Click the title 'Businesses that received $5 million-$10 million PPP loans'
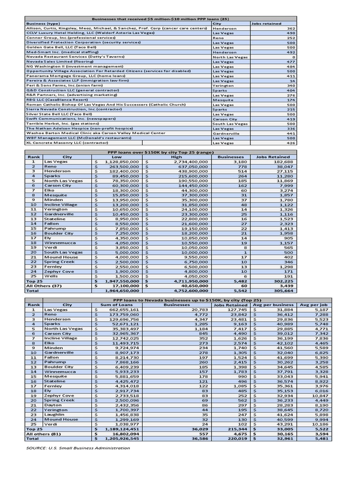coord(160,18)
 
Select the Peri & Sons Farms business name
coord(64,86)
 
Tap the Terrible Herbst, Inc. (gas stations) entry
coord(66,123)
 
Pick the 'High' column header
coord(177,157)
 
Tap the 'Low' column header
coord(117,157)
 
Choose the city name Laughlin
coord(54,415)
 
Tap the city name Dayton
coord(52,405)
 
